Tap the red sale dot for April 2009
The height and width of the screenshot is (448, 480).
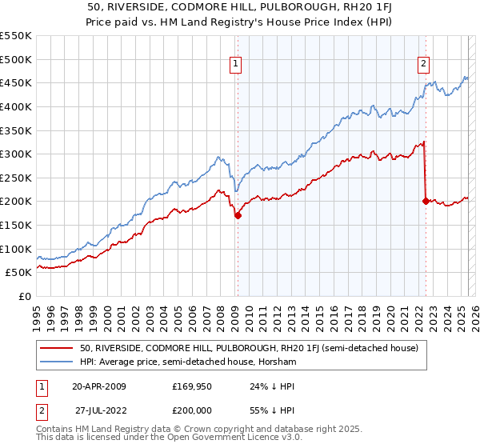pos(238,215)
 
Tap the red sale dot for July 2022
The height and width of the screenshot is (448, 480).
pos(426,201)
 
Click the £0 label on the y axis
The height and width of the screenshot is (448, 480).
pos(24,296)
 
